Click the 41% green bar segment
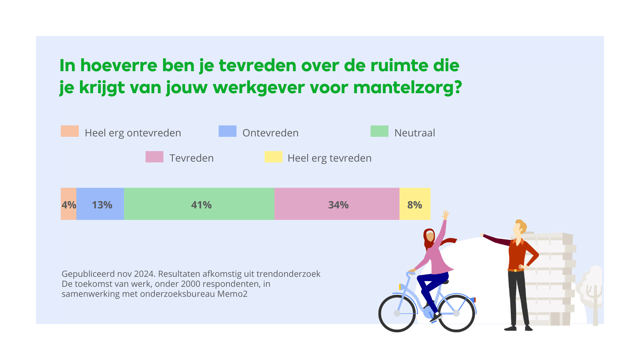[199, 204]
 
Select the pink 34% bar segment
[337, 204]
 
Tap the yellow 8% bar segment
[415, 204]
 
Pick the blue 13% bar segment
[100, 204]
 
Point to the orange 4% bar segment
[68, 204]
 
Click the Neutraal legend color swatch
[379, 131]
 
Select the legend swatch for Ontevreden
[227, 131]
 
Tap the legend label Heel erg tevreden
[329, 158]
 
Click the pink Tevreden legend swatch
[154, 157]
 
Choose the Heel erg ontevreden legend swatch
[70, 131]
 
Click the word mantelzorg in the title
[407, 87]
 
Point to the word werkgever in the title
[258, 87]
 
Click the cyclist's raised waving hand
[446, 215]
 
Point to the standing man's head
[520, 228]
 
